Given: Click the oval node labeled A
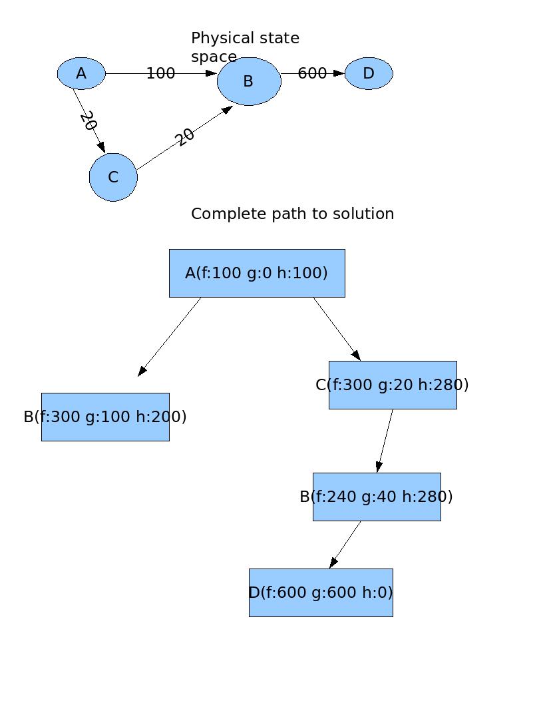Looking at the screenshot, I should [x=81, y=73].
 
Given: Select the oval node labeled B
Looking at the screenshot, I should [x=249, y=81].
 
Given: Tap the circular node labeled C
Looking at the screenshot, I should [x=113, y=177].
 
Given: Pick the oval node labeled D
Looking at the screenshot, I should [x=369, y=73].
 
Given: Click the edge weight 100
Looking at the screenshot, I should [x=160, y=73].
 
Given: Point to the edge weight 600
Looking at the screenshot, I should [x=312, y=73].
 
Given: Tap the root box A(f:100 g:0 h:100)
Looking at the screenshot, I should [x=257, y=273].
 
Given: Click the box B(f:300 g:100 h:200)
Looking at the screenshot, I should [x=105, y=417].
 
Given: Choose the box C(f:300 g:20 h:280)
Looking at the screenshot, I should [x=393, y=385].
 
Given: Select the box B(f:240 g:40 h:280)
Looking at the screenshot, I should [x=377, y=497].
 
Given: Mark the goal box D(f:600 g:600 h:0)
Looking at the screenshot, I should [x=321, y=592].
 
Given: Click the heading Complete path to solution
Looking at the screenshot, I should [x=292, y=214].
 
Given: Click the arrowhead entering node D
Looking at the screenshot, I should [x=339, y=73].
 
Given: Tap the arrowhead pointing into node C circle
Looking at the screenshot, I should [x=101, y=147].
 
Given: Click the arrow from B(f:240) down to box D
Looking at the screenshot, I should [x=345, y=544].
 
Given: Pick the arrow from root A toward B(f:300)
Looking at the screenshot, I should [x=170, y=336].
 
